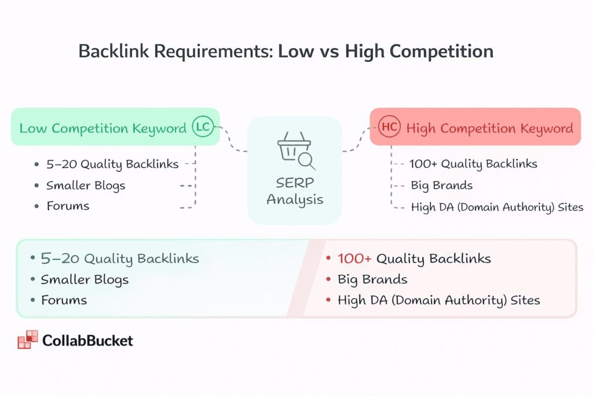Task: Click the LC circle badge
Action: [203, 128]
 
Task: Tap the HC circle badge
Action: [390, 128]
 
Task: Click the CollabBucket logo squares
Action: [27, 340]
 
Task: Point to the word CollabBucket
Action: [87, 340]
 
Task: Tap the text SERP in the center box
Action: [294, 183]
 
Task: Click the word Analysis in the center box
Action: [294, 200]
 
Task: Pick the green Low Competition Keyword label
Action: [103, 128]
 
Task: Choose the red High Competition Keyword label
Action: [489, 128]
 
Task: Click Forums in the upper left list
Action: [68, 206]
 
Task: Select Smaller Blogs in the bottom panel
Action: [85, 279]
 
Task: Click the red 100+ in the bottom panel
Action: [354, 259]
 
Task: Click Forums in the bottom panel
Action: [64, 300]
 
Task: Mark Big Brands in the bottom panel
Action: [372, 279]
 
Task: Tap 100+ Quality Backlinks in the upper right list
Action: [474, 164]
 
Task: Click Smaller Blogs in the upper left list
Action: [86, 186]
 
